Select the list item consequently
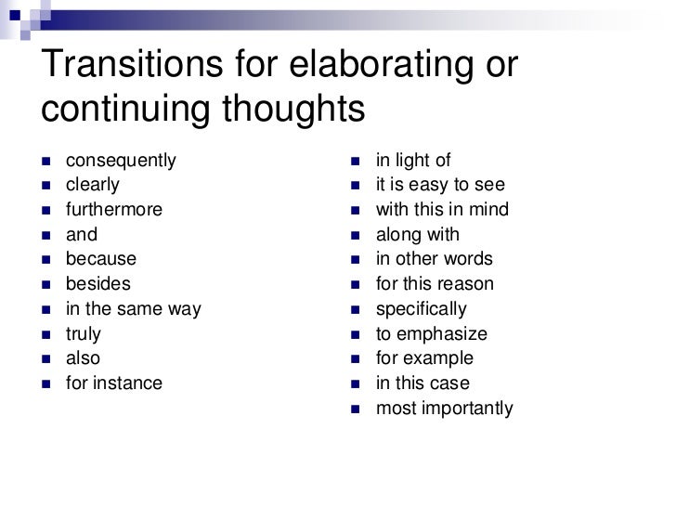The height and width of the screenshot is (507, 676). pyautogui.click(x=119, y=160)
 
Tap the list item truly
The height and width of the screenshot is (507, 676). pyautogui.click(x=83, y=333)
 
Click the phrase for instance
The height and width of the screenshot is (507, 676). pyautogui.click(x=113, y=383)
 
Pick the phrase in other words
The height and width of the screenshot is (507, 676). pyautogui.click(x=434, y=259)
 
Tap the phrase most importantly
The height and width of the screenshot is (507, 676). pyautogui.click(x=444, y=408)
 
